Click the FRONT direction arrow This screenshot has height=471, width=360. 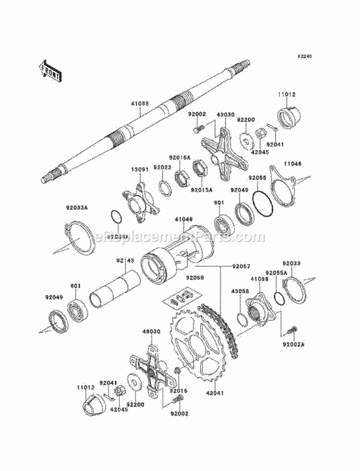point(49,71)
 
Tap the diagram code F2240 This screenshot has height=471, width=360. point(304,56)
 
